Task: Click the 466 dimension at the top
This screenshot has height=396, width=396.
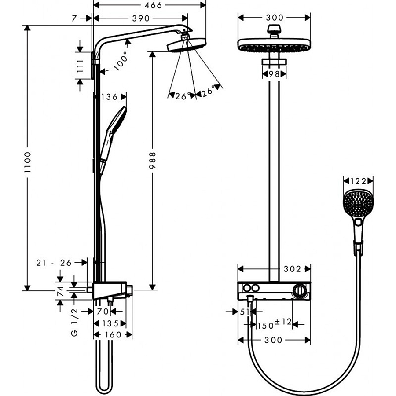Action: click(x=151, y=5)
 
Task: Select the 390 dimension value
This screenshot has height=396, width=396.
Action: click(x=141, y=18)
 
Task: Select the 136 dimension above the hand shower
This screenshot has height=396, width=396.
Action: click(x=109, y=97)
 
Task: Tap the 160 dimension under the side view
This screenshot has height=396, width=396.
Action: click(x=113, y=335)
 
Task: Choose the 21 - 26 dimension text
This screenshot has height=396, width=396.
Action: click(x=54, y=263)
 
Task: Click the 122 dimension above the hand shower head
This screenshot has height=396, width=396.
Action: click(x=358, y=181)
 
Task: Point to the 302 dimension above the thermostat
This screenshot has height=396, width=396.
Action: click(x=292, y=269)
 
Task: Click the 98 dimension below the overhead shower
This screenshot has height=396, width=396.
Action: click(x=274, y=74)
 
